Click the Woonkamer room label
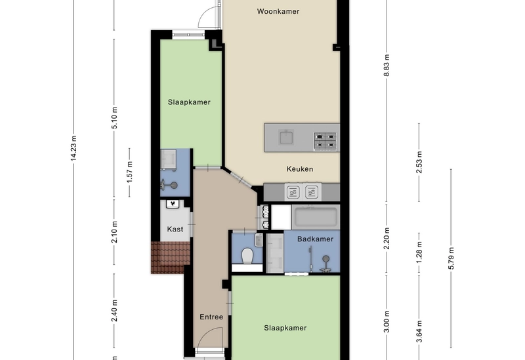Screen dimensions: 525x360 point(278,11)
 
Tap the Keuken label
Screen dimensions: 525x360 point(300,169)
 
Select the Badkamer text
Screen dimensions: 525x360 point(316,239)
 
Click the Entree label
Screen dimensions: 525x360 point(211,317)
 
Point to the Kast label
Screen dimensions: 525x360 point(175,230)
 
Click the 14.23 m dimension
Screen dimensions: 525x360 point(74,148)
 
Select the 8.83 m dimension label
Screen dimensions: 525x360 point(387,65)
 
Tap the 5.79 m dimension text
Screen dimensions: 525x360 point(451,258)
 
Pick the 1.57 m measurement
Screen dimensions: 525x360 point(130,172)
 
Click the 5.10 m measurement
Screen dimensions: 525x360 point(114,118)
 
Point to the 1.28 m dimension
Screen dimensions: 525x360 point(419,252)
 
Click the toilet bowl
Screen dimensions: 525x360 point(247,256)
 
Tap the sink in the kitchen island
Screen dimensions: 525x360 point(286,137)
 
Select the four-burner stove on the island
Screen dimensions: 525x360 point(325,140)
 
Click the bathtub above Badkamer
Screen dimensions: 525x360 point(316,218)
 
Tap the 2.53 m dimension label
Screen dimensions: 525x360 point(419,163)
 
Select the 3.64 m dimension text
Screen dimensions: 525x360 point(419,331)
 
